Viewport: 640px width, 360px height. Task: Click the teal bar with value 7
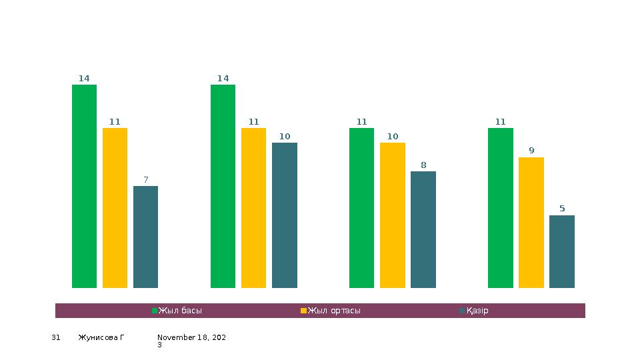click(145, 237)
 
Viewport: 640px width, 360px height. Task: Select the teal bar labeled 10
click(285, 215)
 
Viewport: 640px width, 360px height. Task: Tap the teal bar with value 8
click(423, 229)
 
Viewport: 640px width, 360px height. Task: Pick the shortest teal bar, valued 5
click(562, 251)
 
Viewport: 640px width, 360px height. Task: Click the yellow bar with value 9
click(531, 223)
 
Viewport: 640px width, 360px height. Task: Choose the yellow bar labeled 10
click(393, 215)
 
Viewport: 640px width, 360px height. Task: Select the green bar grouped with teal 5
click(501, 208)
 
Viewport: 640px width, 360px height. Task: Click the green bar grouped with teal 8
click(362, 208)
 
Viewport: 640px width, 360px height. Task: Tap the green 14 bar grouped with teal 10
click(223, 186)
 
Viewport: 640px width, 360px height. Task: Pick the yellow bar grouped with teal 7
click(115, 208)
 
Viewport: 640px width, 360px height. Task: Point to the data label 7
click(146, 179)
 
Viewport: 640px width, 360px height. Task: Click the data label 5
click(562, 209)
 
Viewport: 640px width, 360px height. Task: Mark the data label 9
click(531, 151)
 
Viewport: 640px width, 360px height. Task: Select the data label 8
click(423, 165)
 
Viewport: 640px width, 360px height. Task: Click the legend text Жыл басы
click(180, 311)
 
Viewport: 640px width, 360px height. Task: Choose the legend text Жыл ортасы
click(334, 311)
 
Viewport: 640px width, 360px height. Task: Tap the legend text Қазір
click(477, 311)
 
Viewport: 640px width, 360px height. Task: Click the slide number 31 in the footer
click(56, 338)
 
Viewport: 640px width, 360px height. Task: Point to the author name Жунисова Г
click(101, 338)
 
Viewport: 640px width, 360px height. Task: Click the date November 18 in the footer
click(191, 338)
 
